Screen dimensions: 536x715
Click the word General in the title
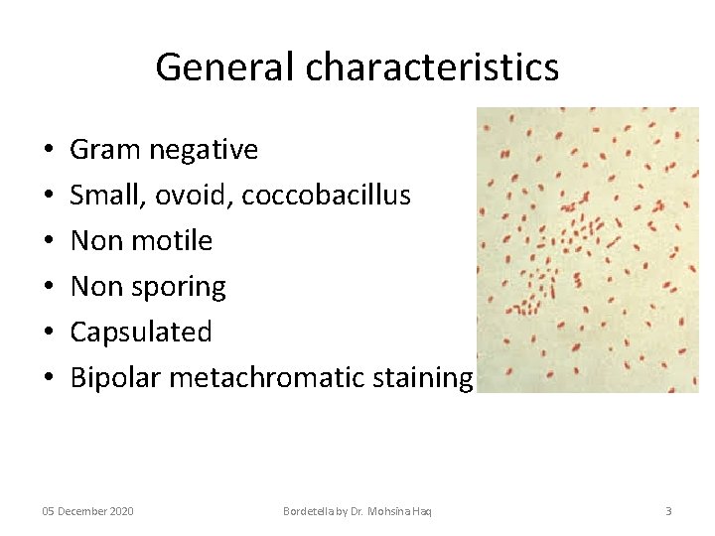coord(226,67)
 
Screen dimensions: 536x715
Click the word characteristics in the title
coord(432,67)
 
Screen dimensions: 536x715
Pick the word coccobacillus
coord(326,196)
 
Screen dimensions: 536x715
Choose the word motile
coord(179,241)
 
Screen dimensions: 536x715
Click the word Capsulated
coord(141,332)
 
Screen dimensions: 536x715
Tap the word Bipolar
coord(115,378)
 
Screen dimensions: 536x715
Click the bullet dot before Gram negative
coord(49,151)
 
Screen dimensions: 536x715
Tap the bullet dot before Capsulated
coord(49,333)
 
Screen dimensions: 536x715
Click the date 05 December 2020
coord(87,511)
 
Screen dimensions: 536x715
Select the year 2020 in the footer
coord(119,511)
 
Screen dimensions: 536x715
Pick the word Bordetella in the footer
coord(310,511)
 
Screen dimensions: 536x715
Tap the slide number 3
coord(667,511)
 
